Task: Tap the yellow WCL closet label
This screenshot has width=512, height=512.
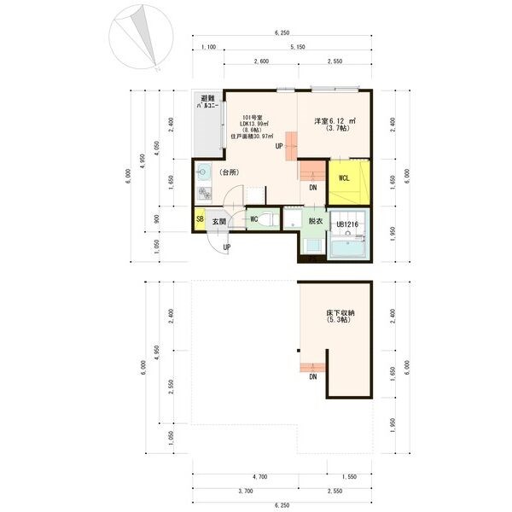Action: point(343,178)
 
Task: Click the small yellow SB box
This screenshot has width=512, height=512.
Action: point(199,220)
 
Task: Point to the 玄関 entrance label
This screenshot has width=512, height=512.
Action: point(219,221)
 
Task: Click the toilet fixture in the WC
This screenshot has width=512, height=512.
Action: point(264,219)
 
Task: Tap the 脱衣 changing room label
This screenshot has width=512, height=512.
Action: point(315,220)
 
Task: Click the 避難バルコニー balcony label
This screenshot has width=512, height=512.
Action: point(207,104)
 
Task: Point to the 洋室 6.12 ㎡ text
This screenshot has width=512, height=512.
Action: point(334,122)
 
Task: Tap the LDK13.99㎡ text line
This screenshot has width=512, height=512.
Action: point(254,125)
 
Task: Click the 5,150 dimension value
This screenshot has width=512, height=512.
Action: point(298,48)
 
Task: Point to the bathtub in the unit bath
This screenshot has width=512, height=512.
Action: point(347,247)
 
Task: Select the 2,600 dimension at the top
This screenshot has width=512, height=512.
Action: point(262,62)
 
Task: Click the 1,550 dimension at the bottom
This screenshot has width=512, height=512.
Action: point(349,477)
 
